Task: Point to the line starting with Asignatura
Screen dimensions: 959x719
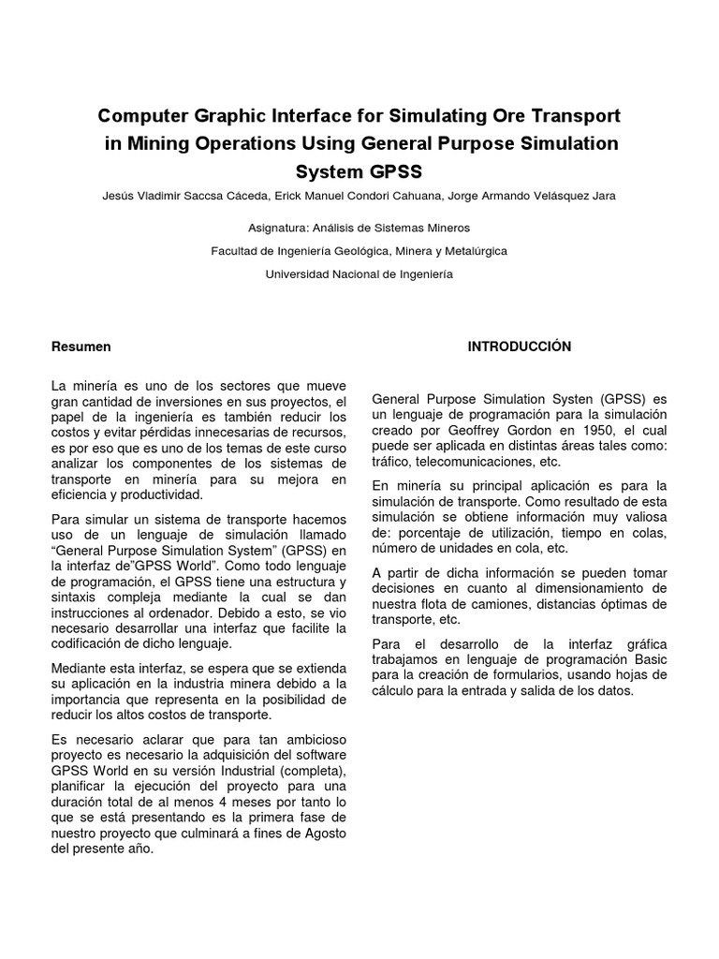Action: (359, 228)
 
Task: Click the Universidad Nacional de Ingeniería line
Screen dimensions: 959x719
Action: (359, 274)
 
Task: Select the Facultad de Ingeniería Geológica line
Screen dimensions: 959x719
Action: (359, 251)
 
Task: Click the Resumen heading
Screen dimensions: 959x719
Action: (81, 347)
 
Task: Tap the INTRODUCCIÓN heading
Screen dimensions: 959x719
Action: (519, 347)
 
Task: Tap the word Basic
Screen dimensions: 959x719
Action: (647, 659)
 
